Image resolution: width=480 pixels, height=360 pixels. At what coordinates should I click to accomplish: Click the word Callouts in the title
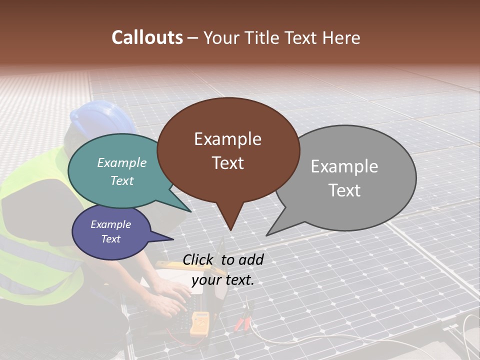(147, 37)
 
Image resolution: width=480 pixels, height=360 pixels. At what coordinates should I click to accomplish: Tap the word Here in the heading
(341, 38)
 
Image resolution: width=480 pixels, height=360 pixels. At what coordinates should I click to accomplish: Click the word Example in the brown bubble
(227, 139)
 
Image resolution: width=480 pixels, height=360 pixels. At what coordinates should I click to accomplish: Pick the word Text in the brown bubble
(227, 163)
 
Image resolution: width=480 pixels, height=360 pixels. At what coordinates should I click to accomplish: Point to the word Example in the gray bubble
(344, 166)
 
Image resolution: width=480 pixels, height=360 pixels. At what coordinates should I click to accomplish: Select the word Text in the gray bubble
(344, 190)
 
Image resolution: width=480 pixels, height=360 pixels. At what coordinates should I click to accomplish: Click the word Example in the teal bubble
(122, 163)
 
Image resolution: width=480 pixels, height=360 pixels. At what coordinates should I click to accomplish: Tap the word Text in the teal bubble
(122, 180)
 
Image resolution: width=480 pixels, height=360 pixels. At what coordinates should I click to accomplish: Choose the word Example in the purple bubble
(110, 224)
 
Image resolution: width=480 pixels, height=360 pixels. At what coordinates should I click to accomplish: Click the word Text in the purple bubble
(110, 239)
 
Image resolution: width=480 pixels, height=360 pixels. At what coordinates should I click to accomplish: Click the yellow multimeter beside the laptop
(200, 322)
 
